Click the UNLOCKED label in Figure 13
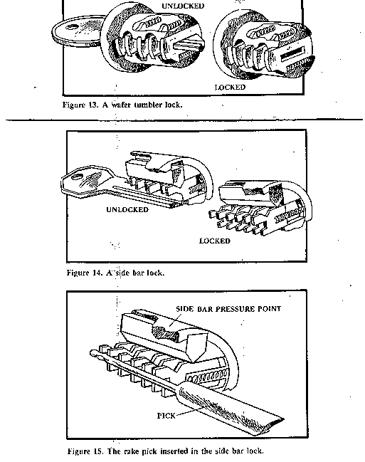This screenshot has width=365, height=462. [184, 6]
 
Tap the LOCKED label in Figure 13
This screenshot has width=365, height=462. [230, 88]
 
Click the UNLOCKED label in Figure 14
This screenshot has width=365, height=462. [127, 210]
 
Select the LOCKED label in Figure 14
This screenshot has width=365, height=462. [214, 241]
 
